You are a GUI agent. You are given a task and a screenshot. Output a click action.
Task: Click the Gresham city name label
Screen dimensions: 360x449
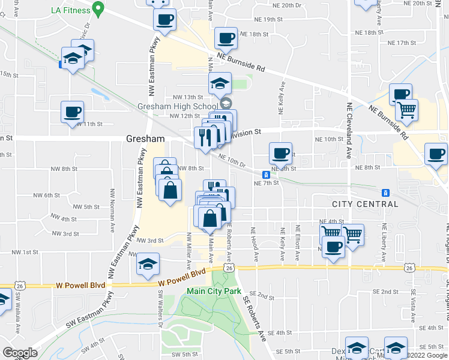coord(145,138)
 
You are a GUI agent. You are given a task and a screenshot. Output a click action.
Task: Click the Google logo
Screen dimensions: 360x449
coord(20,353)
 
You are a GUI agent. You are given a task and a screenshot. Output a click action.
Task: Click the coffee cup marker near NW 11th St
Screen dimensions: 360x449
coord(72,112)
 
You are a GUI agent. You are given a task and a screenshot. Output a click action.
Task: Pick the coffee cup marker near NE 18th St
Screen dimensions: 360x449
coord(226,38)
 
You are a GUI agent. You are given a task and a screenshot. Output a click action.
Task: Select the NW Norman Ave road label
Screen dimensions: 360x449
coord(112,208)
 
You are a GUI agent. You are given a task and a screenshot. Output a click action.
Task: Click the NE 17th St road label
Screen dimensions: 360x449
coord(402,43)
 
